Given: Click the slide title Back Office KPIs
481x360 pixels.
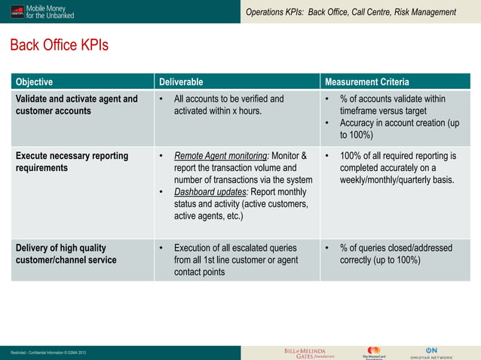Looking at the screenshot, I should (x=59, y=46).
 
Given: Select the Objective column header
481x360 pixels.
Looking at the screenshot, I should (x=35, y=82).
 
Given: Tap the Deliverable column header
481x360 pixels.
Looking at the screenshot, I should (x=180, y=82).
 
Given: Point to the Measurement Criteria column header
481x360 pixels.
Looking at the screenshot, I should (x=366, y=82).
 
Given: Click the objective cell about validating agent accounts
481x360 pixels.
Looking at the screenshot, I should (x=77, y=105).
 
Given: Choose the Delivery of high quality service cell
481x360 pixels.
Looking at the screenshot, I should (x=66, y=254).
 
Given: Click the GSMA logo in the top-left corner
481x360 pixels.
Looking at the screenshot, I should (x=16, y=12).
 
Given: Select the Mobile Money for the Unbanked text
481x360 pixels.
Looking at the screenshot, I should (x=51, y=12).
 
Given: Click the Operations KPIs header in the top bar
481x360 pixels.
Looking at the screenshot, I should (x=351, y=12).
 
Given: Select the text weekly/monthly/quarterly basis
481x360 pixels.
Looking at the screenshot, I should (x=397, y=180).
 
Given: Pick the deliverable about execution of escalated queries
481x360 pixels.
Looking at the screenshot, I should (x=234, y=260).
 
